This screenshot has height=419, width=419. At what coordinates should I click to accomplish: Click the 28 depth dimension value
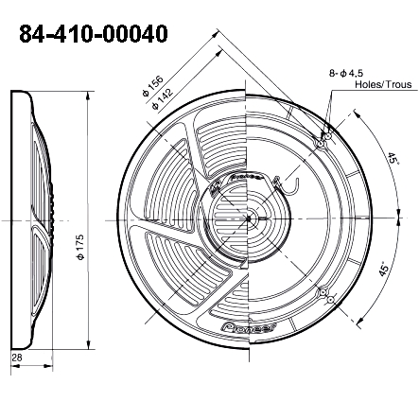17,357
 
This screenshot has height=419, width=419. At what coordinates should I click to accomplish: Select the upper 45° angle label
392,161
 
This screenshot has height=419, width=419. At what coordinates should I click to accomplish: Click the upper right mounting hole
324,140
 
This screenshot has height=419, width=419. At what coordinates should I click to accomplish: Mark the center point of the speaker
248,218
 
